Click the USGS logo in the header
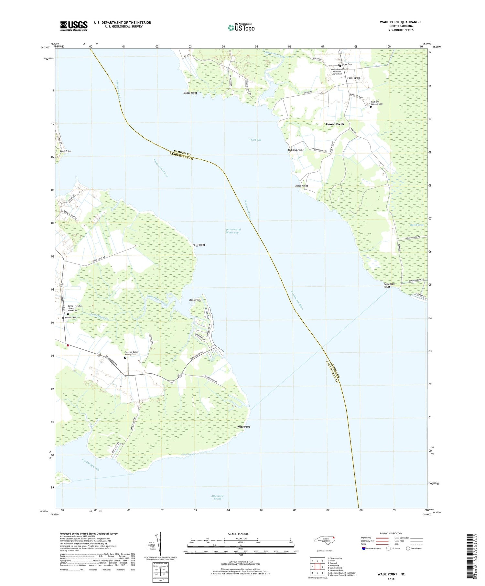(x=74, y=26)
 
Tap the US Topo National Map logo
(x=241, y=28)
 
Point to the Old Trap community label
(x=353, y=78)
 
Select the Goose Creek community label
(x=335, y=124)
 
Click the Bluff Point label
(x=199, y=245)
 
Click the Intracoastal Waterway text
(x=233, y=231)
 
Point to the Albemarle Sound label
(x=217, y=497)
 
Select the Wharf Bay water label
(x=255, y=140)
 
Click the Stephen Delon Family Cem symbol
(x=125, y=358)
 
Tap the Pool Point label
(x=65, y=151)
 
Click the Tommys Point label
(x=296, y=150)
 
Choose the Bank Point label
(x=195, y=300)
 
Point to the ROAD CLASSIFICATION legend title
(x=391, y=533)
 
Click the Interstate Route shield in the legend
(x=364, y=549)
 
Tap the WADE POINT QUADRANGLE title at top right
(x=401, y=22)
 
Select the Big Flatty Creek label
(x=91, y=464)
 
